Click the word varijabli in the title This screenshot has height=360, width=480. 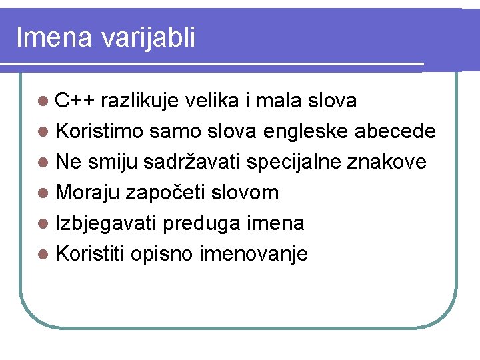point(149,38)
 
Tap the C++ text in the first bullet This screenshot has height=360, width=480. point(75,101)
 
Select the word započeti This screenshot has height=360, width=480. point(165,193)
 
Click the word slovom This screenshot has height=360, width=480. point(245,193)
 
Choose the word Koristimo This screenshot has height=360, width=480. point(99,131)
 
